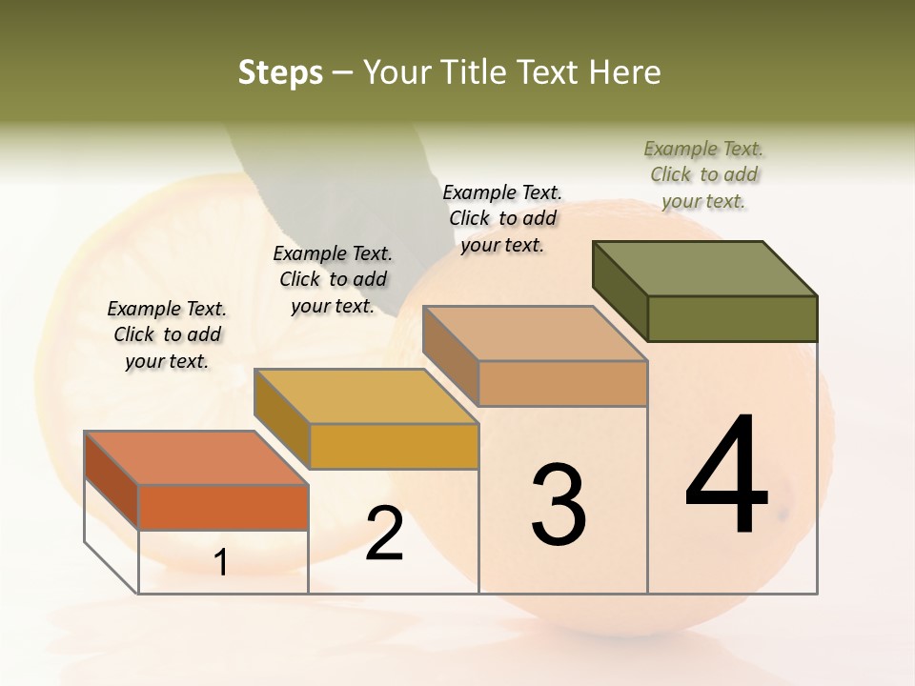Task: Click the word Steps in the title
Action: tap(280, 72)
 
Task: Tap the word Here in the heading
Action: tap(623, 72)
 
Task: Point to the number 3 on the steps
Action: tap(558, 504)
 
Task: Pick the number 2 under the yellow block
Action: tap(384, 534)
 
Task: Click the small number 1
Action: tap(221, 562)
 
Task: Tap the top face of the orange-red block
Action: tap(195, 458)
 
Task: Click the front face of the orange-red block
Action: tap(223, 507)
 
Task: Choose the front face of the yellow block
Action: tap(394, 446)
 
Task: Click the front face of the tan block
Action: tap(562, 383)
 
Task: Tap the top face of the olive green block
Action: tap(703, 268)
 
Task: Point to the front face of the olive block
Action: tap(732, 318)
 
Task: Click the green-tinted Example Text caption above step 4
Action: tap(703, 174)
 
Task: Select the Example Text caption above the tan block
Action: tap(502, 218)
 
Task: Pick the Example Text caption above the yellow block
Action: tap(333, 279)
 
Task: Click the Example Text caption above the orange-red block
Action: tap(167, 334)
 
